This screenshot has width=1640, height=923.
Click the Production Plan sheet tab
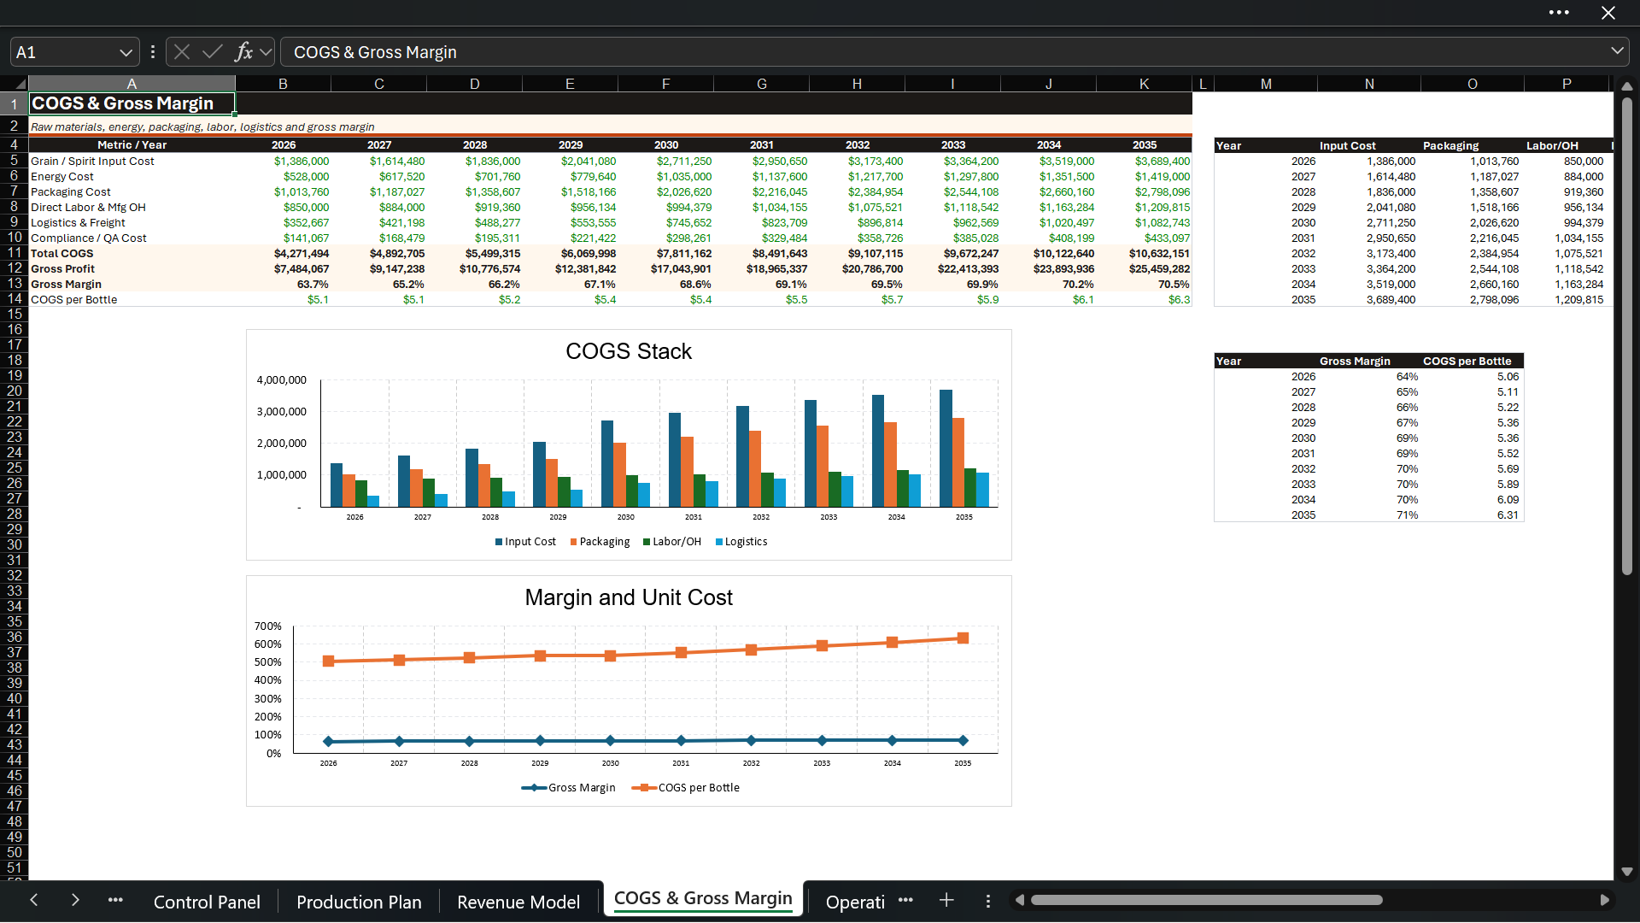[x=359, y=902]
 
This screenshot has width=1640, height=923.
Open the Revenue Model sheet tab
[x=518, y=902]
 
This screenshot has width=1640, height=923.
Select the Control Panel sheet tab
[x=207, y=902]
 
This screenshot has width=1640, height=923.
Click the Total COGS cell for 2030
[x=666, y=254]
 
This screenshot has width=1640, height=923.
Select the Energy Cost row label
[x=62, y=177]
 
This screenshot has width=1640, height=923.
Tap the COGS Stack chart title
[x=629, y=351]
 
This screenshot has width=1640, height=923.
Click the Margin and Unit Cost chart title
[x=629, y=597]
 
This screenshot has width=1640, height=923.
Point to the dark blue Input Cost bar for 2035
[x=946, y=449]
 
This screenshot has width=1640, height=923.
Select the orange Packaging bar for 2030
[x=620, y=475]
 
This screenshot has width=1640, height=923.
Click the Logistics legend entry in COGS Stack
[x=741, y=542]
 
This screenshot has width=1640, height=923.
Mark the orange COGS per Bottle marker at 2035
[x=963, y=638]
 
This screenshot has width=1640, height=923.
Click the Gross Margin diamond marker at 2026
[x=329, y=741]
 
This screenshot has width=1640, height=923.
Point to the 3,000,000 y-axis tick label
[x=281, y=412]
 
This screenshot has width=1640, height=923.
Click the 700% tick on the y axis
[x=268, y=626]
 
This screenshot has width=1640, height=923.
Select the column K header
[x=1145, y=84]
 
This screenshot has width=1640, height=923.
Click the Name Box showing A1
[x=75, y=52]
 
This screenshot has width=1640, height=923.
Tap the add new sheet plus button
[x=946, y=900]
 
